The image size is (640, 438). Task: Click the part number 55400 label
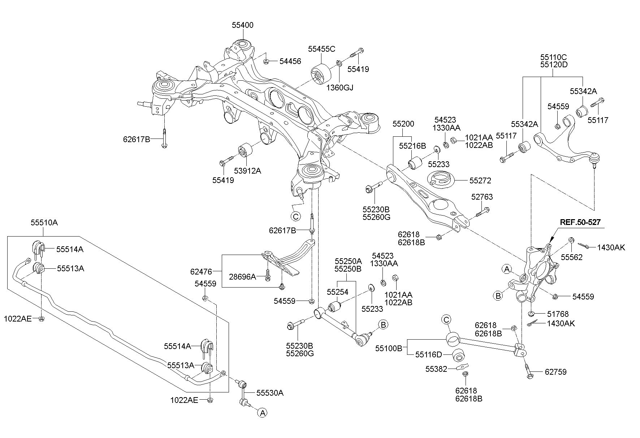(x=242, y=25)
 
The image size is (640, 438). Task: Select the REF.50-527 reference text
(x=580, y=222)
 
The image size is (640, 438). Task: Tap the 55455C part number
(x=321, y=49)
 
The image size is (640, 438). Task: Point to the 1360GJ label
(x=340, y=88)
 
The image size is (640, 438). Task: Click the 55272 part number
(x=480, y=180)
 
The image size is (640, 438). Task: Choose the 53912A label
(x=247, y=171)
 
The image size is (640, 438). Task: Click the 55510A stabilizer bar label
(x=44, y=222)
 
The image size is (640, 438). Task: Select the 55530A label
(x=270, y=393)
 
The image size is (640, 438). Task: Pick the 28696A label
(x=243, y=277)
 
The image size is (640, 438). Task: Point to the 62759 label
(x=555, y=372)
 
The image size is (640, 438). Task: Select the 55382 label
(x=436, y=369)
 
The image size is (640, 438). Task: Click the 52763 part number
(x=482, y=197)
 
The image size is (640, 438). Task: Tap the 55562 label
(x=571, y=258)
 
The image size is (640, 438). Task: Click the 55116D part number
(x=428, y=355)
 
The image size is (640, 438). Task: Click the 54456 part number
(x=290, y=61)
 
